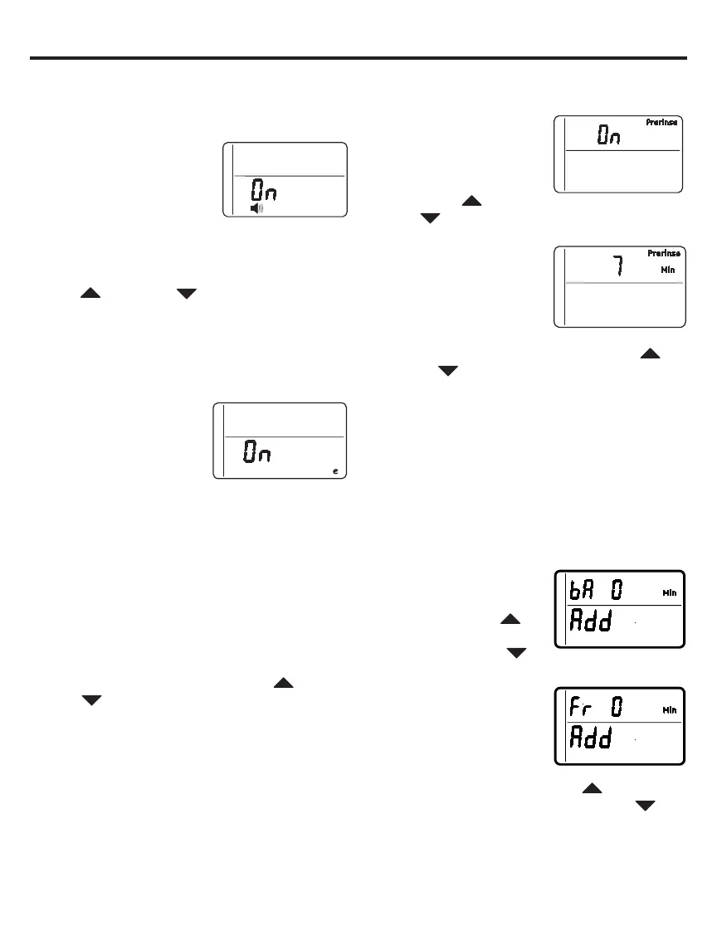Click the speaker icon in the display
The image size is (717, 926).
257,208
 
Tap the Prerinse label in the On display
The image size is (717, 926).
662,123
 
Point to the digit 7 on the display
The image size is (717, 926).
617,268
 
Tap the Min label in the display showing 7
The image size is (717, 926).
668,270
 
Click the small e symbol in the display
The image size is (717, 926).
335,470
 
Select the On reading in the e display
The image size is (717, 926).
257,452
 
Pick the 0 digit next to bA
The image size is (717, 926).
617,591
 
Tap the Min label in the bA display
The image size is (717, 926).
669,592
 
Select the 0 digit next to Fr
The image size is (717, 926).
617,709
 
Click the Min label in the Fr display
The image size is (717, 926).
669,710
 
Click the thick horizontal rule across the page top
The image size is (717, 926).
358,58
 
